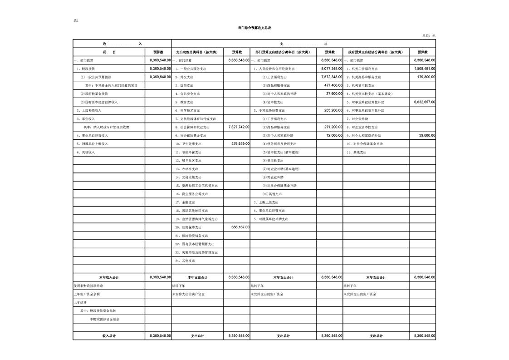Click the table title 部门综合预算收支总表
point(254,28)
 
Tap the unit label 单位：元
point(429,36)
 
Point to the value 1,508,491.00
point(425,69)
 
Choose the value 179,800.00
point(426,77)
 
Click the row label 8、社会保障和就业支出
point(192,127)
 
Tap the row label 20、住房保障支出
point(188,227)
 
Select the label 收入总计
point(109,336)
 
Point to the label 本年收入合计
point(109,277)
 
